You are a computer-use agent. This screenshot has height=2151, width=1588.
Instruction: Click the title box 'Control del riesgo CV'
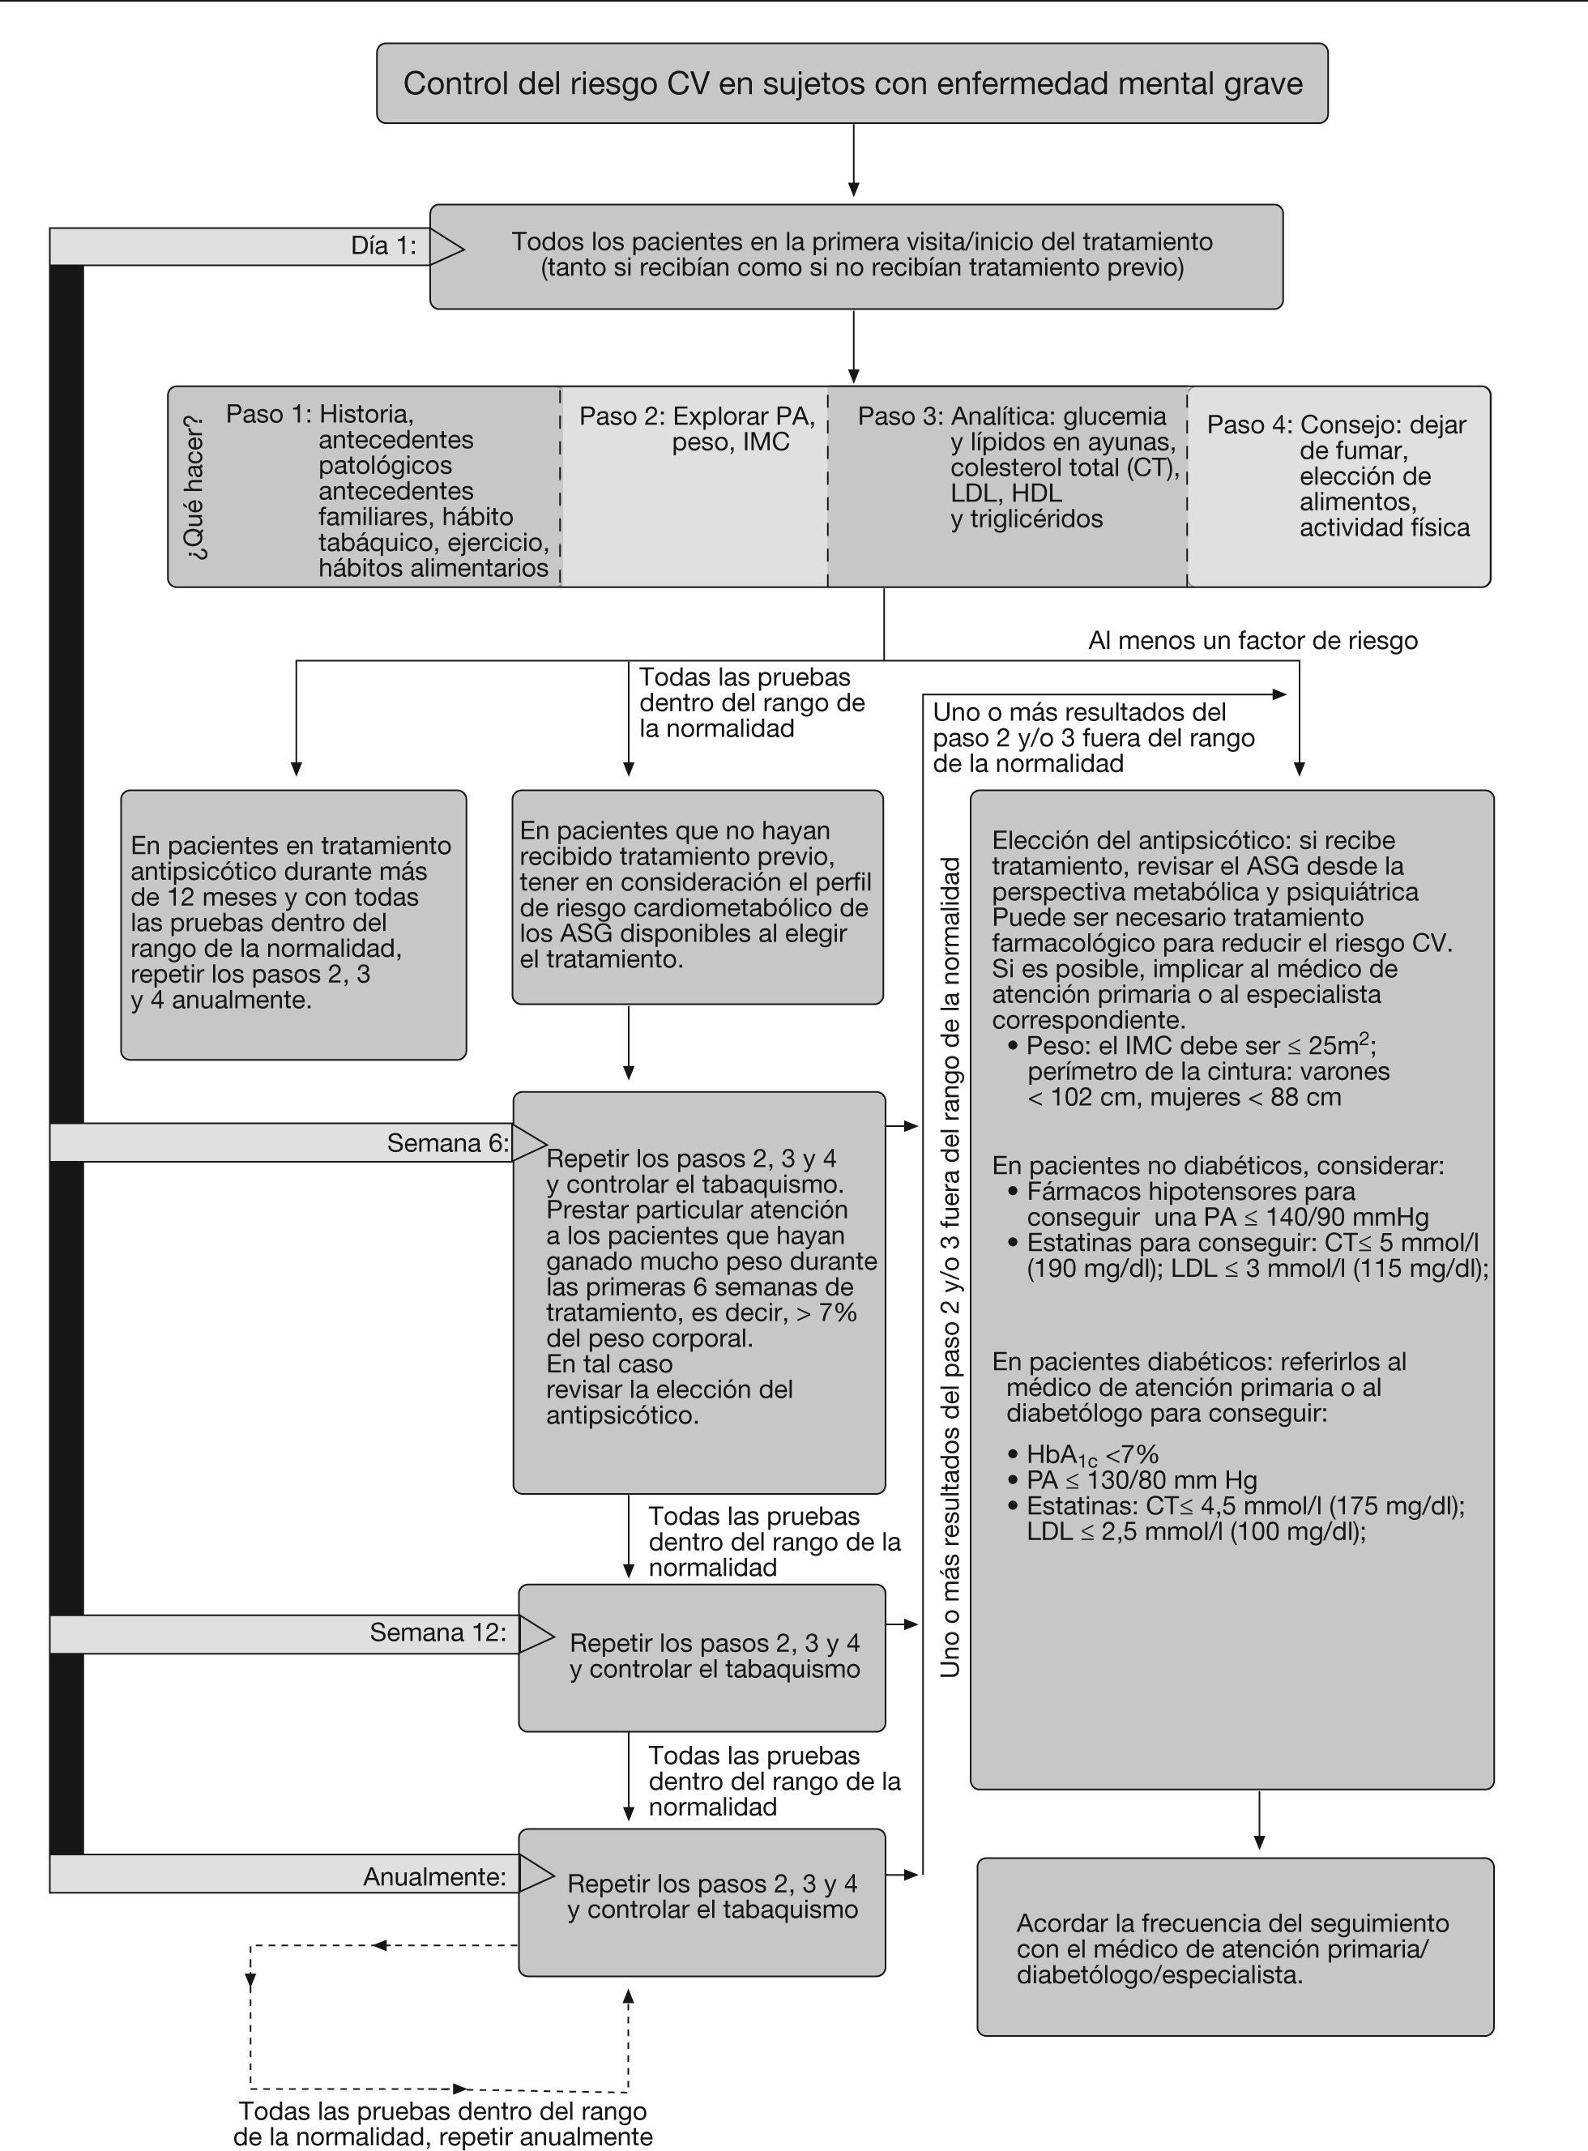852,83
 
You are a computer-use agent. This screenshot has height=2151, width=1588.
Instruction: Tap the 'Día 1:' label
383,246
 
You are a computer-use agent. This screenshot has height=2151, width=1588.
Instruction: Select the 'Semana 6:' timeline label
447,1143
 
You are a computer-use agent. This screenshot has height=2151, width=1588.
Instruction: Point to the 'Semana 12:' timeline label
438,1632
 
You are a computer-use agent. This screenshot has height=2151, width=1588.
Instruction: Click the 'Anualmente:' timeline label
433,1876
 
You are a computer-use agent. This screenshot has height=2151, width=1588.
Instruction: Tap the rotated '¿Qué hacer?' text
196,486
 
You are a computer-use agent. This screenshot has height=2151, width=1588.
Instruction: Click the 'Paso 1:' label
268,414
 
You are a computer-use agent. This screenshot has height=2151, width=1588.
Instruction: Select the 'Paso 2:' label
621,416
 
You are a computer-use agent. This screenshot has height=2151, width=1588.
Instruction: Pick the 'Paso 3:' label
900,416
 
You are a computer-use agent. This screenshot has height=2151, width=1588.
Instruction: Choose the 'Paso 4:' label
1249,425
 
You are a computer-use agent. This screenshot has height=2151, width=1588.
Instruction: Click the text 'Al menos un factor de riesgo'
1252,640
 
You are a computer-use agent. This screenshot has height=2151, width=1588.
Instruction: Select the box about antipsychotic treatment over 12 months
293,924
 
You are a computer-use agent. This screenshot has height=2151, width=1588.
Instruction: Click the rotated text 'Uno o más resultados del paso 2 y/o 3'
950,1269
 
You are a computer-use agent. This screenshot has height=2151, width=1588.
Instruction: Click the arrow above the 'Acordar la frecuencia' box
1259,1821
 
